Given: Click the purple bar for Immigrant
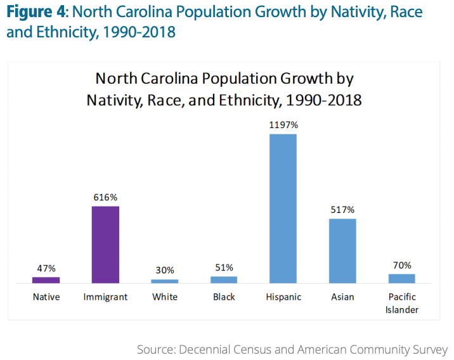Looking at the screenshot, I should tap(105, 244).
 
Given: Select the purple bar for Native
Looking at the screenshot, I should tap(46, 280).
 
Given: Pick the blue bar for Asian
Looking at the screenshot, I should tap(342, 250).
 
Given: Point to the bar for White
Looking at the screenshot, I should tap(165, 281).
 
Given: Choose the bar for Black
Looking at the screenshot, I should tap(224, 279).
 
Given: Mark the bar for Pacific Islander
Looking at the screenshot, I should tap(401, 278).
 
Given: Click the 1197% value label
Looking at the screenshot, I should tap(283, 125).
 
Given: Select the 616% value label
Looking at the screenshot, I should tap(105, 197).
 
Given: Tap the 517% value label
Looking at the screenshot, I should tap(342, 210).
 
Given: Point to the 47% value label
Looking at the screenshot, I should tap(46, 269).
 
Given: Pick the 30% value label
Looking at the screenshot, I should tap(165, 271).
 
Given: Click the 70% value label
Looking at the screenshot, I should tap(401, 265).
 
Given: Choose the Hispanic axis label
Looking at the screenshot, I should tap(283, 297).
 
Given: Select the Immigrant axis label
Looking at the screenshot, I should tap(105, 297).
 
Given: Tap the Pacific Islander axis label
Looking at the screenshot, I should tap(401, 303).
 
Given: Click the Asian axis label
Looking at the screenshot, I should tap(342, 297).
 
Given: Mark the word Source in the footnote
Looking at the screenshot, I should tap(156, 349).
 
